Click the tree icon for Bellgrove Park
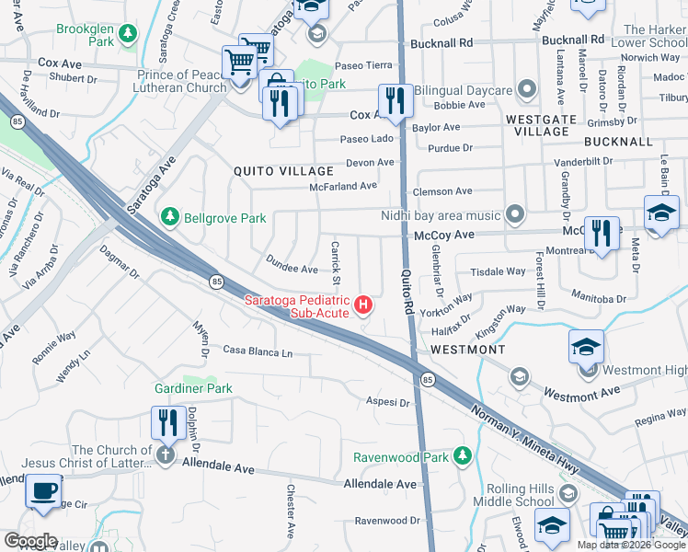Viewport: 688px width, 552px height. coord(169,217)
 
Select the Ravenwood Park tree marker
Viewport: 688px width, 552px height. coord(463,456)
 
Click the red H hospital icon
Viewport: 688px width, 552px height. coord(364,305)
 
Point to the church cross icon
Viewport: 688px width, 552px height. coord(166,455)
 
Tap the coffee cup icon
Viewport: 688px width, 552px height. coord(43,490)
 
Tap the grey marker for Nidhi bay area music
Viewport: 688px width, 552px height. coord(515,215)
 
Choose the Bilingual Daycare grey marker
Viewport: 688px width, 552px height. coord(526,90)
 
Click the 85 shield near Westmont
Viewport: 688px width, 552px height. coord(428,379)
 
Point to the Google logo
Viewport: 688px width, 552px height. coord(31,541)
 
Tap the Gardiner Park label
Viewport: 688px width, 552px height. coord(192,389)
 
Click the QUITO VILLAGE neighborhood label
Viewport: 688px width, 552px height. coord(283,171)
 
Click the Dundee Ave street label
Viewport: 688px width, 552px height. coord(292,269)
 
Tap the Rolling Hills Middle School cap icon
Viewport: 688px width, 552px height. coord(551,523)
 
